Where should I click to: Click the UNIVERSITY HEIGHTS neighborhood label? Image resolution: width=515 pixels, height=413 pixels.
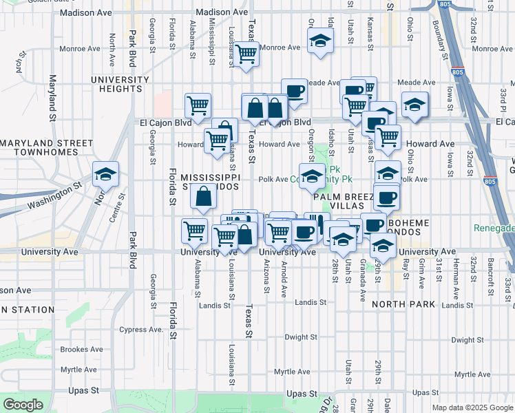pyautogui.click(x=120, y=84)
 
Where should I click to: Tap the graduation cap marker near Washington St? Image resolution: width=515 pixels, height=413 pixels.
pyautogui.click(x=105, y=174)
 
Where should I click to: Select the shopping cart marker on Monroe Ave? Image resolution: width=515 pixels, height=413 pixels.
pyautogui.click(x=246, y=54)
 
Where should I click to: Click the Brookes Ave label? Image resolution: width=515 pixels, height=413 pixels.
pyautogui.click(x=82, y=350)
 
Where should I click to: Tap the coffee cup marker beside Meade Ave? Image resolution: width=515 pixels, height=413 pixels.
pyautogui.click(x=294, y=92)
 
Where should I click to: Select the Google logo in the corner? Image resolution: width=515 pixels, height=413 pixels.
pyautogui.click(x=23, y=405)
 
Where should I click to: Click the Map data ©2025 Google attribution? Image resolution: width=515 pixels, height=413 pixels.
pyautogui.click(x=472, y=407)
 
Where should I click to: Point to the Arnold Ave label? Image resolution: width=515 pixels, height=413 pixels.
pyautogui.click(x=284, y=282)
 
